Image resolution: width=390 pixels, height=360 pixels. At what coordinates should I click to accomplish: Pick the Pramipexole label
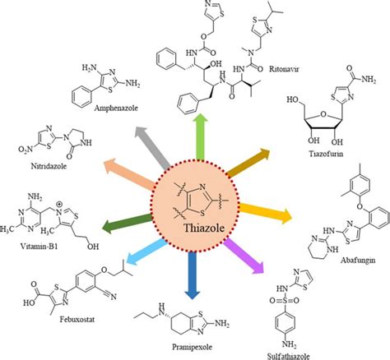coord(194,345)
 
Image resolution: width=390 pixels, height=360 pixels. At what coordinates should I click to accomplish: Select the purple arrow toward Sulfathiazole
coord(244,256)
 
